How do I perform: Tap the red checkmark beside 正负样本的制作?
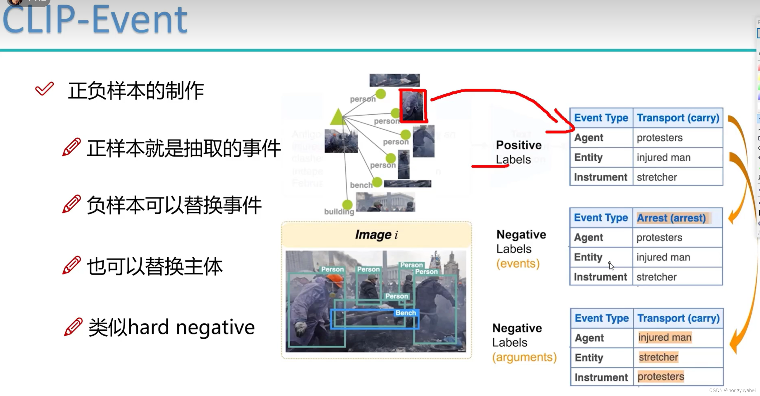click(44, 89)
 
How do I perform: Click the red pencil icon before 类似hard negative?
click(73, 327)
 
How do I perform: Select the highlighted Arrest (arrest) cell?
click(671, 218)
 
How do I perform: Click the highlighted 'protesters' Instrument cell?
click(661, 377)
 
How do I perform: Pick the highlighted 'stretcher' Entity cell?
click(658, 357)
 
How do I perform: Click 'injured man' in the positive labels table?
click(663, 157)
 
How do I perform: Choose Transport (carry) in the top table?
click(678, 118)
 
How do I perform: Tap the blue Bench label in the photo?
click(406, 313)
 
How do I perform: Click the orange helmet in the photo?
click(335, 280)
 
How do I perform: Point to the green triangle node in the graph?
click(338, 117)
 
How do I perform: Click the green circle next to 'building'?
click(347, 205)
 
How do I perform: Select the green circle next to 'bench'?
click(377, 182)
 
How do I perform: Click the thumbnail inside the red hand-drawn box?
click(413, 106)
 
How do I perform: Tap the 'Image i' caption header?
click(377, 235)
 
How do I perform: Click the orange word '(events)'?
click(518, 263)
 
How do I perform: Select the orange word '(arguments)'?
click(524, 357)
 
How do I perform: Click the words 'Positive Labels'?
click(518, 152)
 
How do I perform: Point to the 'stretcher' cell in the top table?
click(657, 177)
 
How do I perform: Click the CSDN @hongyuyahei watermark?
click(732, 390)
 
